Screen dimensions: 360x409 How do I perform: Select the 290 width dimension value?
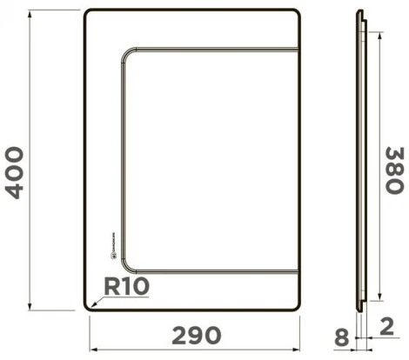(x=196, y=336)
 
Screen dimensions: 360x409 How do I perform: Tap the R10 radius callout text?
(x=127, y=285)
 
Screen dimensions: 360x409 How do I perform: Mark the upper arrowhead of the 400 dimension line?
(x=31, y=13)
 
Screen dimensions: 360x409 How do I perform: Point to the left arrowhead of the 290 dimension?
(x=91, y=350)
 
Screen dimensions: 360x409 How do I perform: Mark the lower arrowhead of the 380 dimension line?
(x=379, y=297)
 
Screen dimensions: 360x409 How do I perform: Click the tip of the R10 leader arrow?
(x=88, y=305)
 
